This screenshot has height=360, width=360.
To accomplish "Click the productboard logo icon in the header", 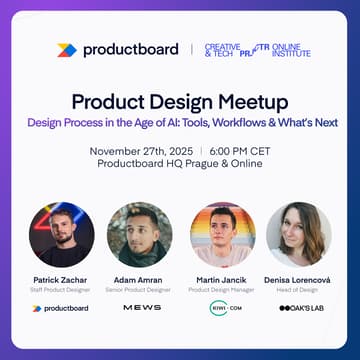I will pos(66,49).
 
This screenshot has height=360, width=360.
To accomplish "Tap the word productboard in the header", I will pos(130,49).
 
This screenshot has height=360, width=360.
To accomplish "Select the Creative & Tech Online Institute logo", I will pos(257,49).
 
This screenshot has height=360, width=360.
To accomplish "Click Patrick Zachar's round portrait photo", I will pos(61,234).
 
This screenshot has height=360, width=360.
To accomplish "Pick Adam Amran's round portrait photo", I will pos(140,234).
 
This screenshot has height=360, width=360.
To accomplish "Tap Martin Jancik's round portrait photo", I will pos(222,234).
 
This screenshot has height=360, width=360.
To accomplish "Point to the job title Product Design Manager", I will pos(222,289).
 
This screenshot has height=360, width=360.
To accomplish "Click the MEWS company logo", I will pos(141,308).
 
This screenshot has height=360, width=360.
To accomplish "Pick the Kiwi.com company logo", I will pos(222,308).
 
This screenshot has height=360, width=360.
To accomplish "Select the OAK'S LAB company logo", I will pos(300,308).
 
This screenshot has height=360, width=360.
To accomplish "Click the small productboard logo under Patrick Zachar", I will pos(61,308).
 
